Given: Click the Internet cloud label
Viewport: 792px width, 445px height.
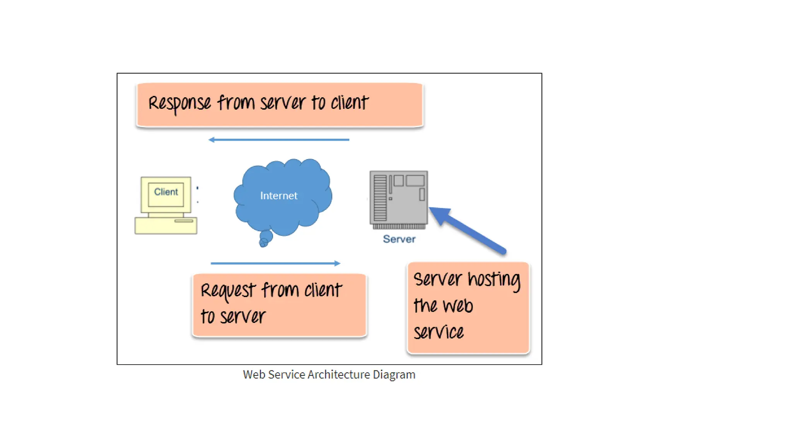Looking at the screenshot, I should (x=279, y=195).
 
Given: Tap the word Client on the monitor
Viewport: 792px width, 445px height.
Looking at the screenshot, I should (x=166, y=192).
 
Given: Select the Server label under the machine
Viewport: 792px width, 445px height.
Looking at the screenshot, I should (x=399, y=239).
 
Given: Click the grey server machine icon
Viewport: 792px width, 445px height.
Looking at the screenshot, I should (x=399, y=199).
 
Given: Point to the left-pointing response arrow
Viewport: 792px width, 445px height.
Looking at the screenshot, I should (x=278, y=139).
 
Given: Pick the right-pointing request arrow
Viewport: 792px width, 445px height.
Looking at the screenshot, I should (x=275, y=263).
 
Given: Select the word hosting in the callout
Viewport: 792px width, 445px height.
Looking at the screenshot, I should (x=494, y=280).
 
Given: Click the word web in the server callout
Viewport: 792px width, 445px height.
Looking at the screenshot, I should (x=458, y=306).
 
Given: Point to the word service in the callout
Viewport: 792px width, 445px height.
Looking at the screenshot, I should (x=439, y=332).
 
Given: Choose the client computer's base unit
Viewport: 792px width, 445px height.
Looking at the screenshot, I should (x=166, y=226).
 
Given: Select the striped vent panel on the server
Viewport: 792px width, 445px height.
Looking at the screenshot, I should (x=380, y=197).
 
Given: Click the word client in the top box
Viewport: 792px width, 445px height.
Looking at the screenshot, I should (x=349, y=103).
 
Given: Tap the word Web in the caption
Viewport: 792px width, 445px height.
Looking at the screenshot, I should (x=254, y=375).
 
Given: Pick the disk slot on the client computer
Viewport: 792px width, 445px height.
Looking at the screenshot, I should (x=184, y=221).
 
